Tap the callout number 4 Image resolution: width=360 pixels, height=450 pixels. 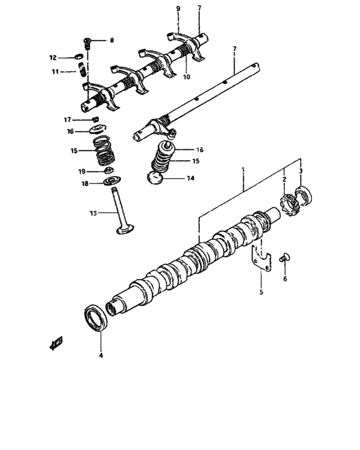click(100, 355)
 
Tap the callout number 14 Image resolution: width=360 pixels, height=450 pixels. click(190, 179)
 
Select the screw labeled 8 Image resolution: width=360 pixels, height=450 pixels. click(88, 42)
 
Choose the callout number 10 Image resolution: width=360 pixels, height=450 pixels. click(186, 77)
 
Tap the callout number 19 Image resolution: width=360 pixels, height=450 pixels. click(82, 172)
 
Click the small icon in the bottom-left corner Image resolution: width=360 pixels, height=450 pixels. click(55, 343)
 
